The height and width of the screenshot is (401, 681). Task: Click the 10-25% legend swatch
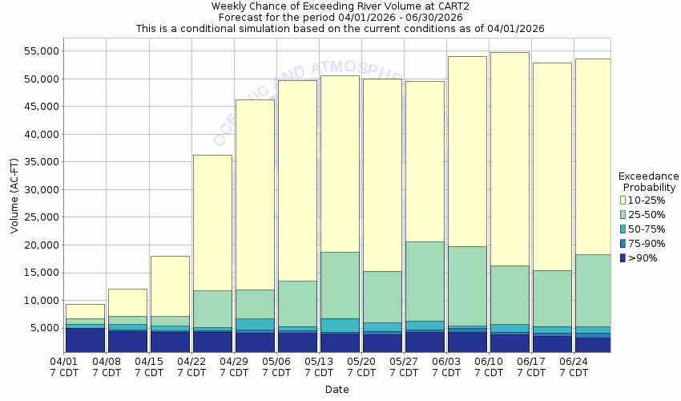pos(623,200)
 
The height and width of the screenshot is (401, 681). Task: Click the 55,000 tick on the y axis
pos(39,51)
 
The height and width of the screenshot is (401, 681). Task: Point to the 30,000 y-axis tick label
pos(39,189)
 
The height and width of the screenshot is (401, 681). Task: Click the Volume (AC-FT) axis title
pos(14,196)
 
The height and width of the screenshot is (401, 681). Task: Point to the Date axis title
pos(336,390)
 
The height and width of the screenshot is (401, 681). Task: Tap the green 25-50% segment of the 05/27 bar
pos(425,281)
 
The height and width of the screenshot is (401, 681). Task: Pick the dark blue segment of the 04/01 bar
pos(85,340)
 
